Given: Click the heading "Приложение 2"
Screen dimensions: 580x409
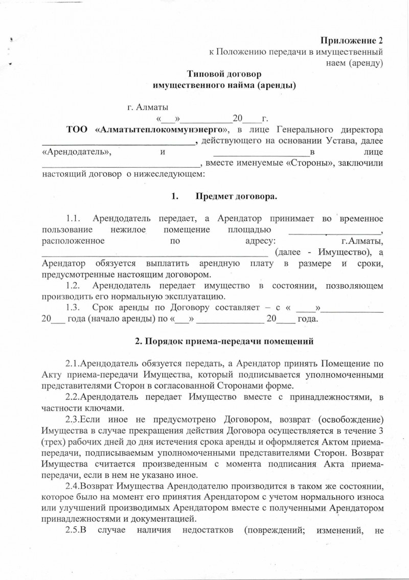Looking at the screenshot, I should click(x=351, y=40).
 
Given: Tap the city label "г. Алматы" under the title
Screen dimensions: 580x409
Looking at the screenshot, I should click(x=148, y=107).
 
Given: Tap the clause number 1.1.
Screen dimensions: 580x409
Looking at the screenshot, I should click(x=76, y=219).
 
